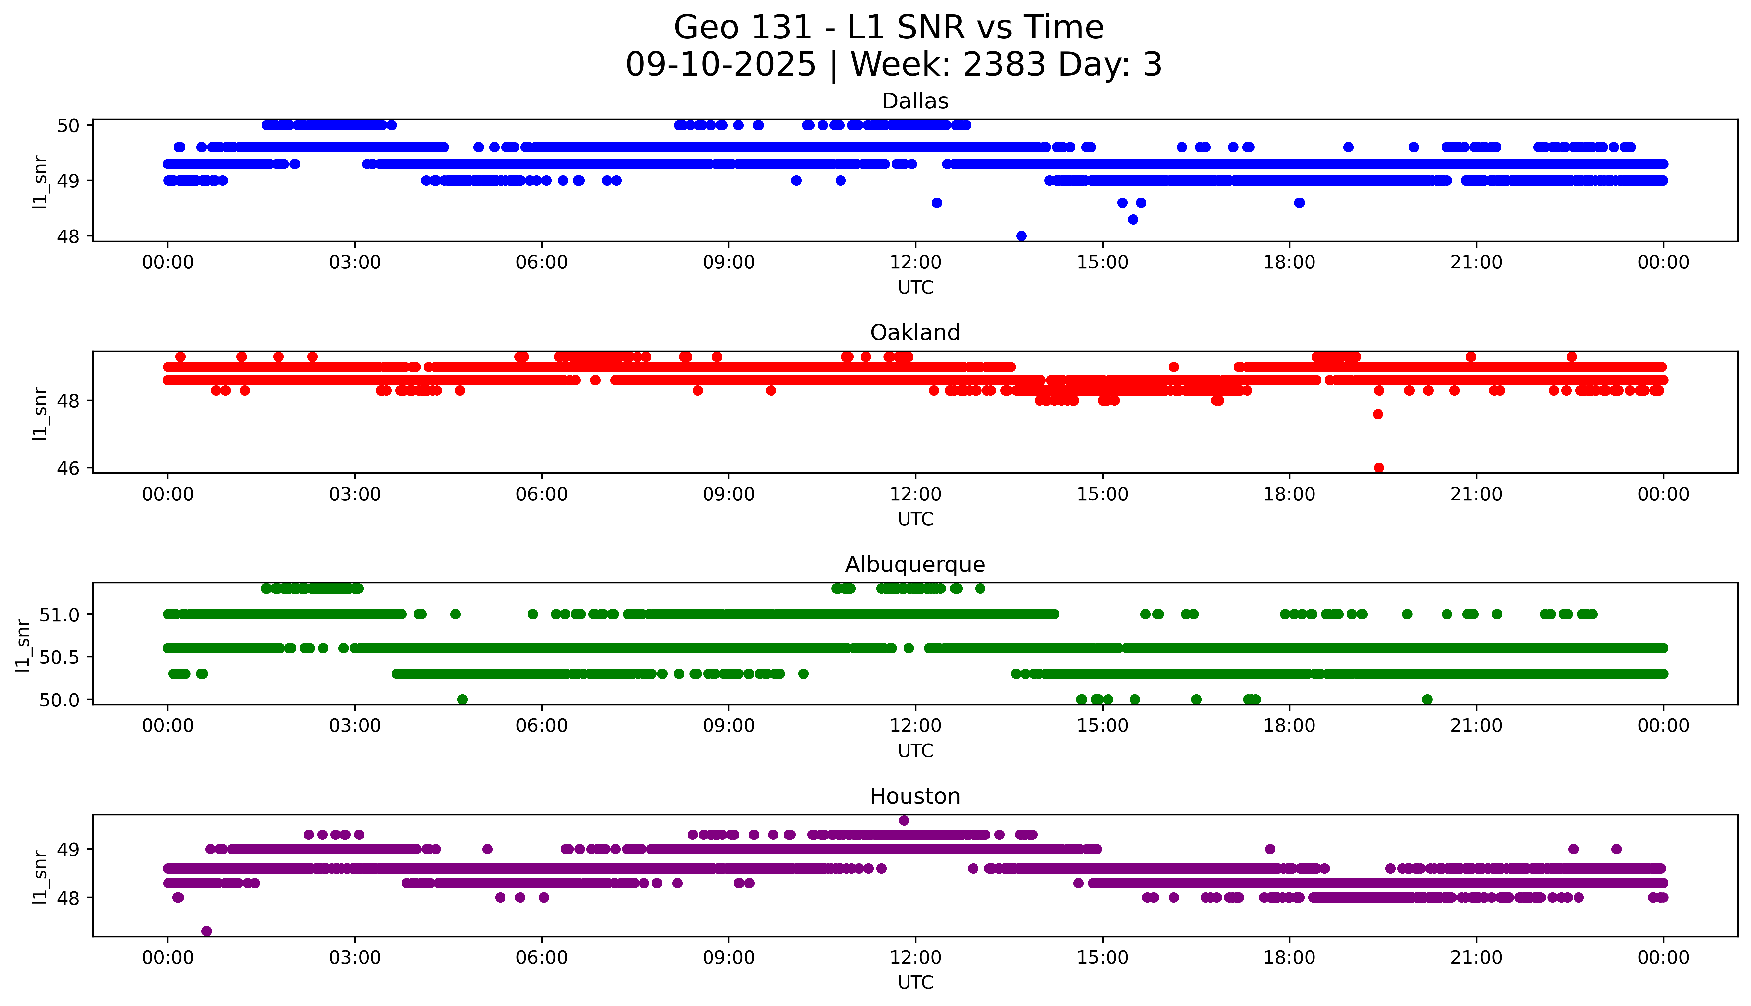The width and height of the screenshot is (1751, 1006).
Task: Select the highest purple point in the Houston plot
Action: point(904,820)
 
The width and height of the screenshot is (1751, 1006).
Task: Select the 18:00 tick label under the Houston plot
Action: point(1289,958)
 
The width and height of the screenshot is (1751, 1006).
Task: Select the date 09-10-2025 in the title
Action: point(720,65)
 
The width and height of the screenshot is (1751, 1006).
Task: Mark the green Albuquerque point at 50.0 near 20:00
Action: point(1427,699)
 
